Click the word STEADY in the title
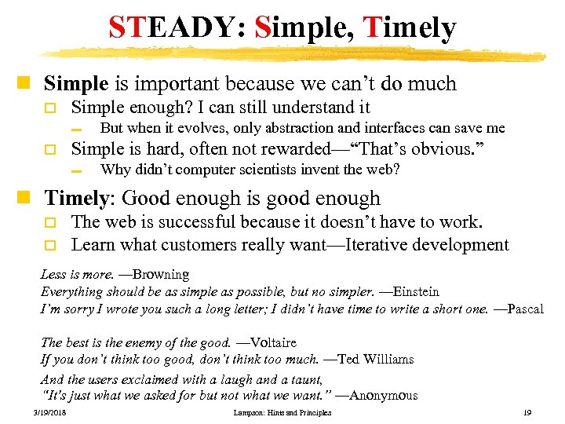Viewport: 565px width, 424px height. click(x=163, y=29)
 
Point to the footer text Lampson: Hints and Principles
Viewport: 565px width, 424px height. click(x=282, y=413)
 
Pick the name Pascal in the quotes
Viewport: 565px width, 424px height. click(x=525, y=309)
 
